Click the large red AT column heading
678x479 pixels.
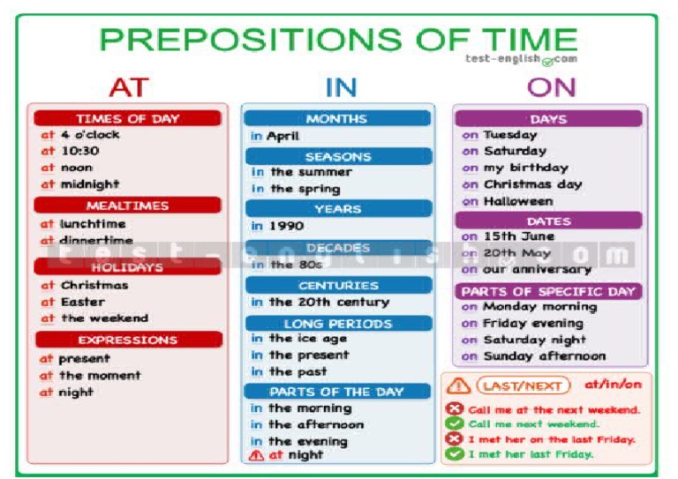pos(128,86)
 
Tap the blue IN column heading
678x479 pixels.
pos(341,86)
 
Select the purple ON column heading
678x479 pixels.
pos(552,86)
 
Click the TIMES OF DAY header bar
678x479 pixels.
pos(128,118)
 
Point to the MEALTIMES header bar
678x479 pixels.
pos(128,206)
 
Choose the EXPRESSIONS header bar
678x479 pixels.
pos(128,340)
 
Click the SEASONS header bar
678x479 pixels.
pos(337,156)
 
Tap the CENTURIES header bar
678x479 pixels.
pos(337,285)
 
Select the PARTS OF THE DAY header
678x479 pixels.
pos(337,391)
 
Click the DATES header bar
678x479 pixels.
pos(549,221)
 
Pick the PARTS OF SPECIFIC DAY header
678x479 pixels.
pos(549,291)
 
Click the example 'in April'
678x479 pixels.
pos(275,137)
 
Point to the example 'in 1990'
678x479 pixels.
pos(275,227)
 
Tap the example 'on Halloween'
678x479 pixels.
pos(507,201)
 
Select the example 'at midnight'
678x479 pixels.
pos(79,184)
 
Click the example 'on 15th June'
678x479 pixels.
pos(508,236)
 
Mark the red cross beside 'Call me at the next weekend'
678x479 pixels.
pos(455,409)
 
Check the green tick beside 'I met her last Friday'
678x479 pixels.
pos(455,454)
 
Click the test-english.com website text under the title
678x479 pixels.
pos(521,59)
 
